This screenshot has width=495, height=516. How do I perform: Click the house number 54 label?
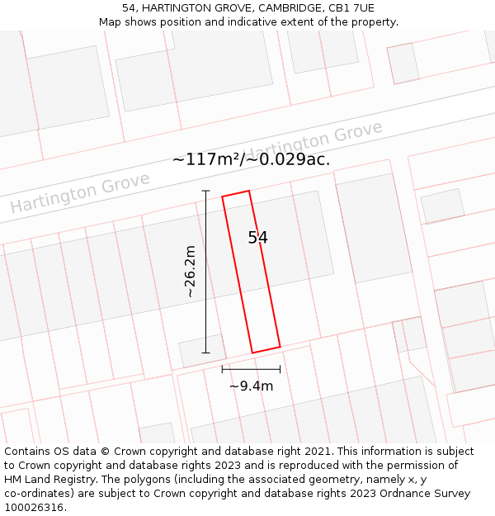(x=257, y=238)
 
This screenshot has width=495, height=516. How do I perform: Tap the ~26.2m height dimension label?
(x=190, y=272)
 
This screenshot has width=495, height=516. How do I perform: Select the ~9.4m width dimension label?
(x=251, y=386)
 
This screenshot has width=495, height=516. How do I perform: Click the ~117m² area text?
(x=205, y=159)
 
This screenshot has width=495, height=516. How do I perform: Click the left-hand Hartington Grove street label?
(x=80, y=192)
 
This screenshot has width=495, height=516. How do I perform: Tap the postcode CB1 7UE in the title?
(x=352, y=8)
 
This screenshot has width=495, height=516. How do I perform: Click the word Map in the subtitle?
(x=111, y=22)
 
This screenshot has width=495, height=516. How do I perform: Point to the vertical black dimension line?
(x=205, y=272)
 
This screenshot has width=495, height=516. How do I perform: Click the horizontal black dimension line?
(x=251, y=369)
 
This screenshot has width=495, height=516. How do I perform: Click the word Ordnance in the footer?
(x=395, y=494)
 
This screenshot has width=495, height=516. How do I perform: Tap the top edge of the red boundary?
(x=235, y=194)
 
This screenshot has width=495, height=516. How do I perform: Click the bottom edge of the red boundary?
(x=266, y=349)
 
